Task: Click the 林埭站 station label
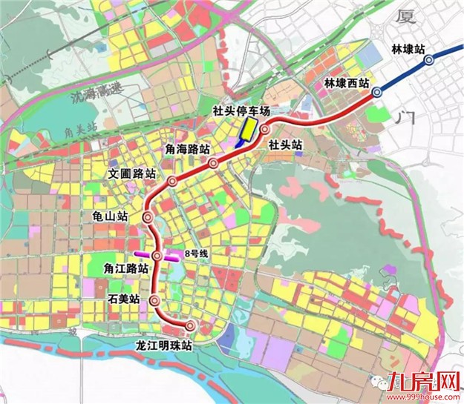point(408,49)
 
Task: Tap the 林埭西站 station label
point(347,84)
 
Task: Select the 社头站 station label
point(286,144)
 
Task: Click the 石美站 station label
point(122,299)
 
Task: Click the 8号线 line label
point(197,252)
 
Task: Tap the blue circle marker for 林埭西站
point(377,92)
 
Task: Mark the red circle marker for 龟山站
point(147,218)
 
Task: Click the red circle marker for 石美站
point(154,301)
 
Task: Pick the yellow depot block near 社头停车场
point(246,131)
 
